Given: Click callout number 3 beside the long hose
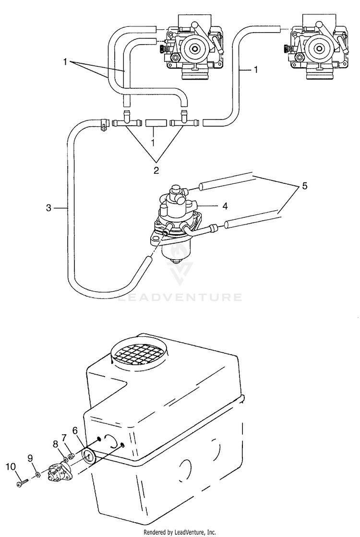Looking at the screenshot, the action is point(48,208).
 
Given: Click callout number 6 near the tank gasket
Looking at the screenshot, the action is point(75,431).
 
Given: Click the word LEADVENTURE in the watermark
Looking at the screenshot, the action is point(180,298).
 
